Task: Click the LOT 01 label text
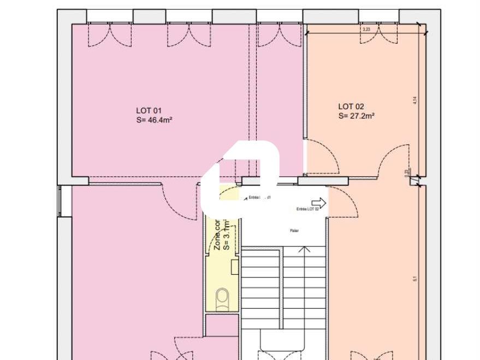click(149, 110)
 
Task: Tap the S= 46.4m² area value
click(155, 120)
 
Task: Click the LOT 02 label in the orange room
click(351, 107)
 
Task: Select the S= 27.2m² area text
click(356, 116)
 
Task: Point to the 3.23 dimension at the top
click(366, 29)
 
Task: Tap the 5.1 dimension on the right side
click(415, 279)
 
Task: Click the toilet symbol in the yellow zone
click(222, 298)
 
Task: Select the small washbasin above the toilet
click(235, 267)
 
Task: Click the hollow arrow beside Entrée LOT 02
click(319, 203)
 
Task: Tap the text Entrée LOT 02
click(307, 209)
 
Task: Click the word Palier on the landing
click(295, 231)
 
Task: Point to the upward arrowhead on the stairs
click(304, 250)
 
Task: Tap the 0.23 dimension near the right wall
click(406, 173)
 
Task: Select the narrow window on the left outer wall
click(60, 200)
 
